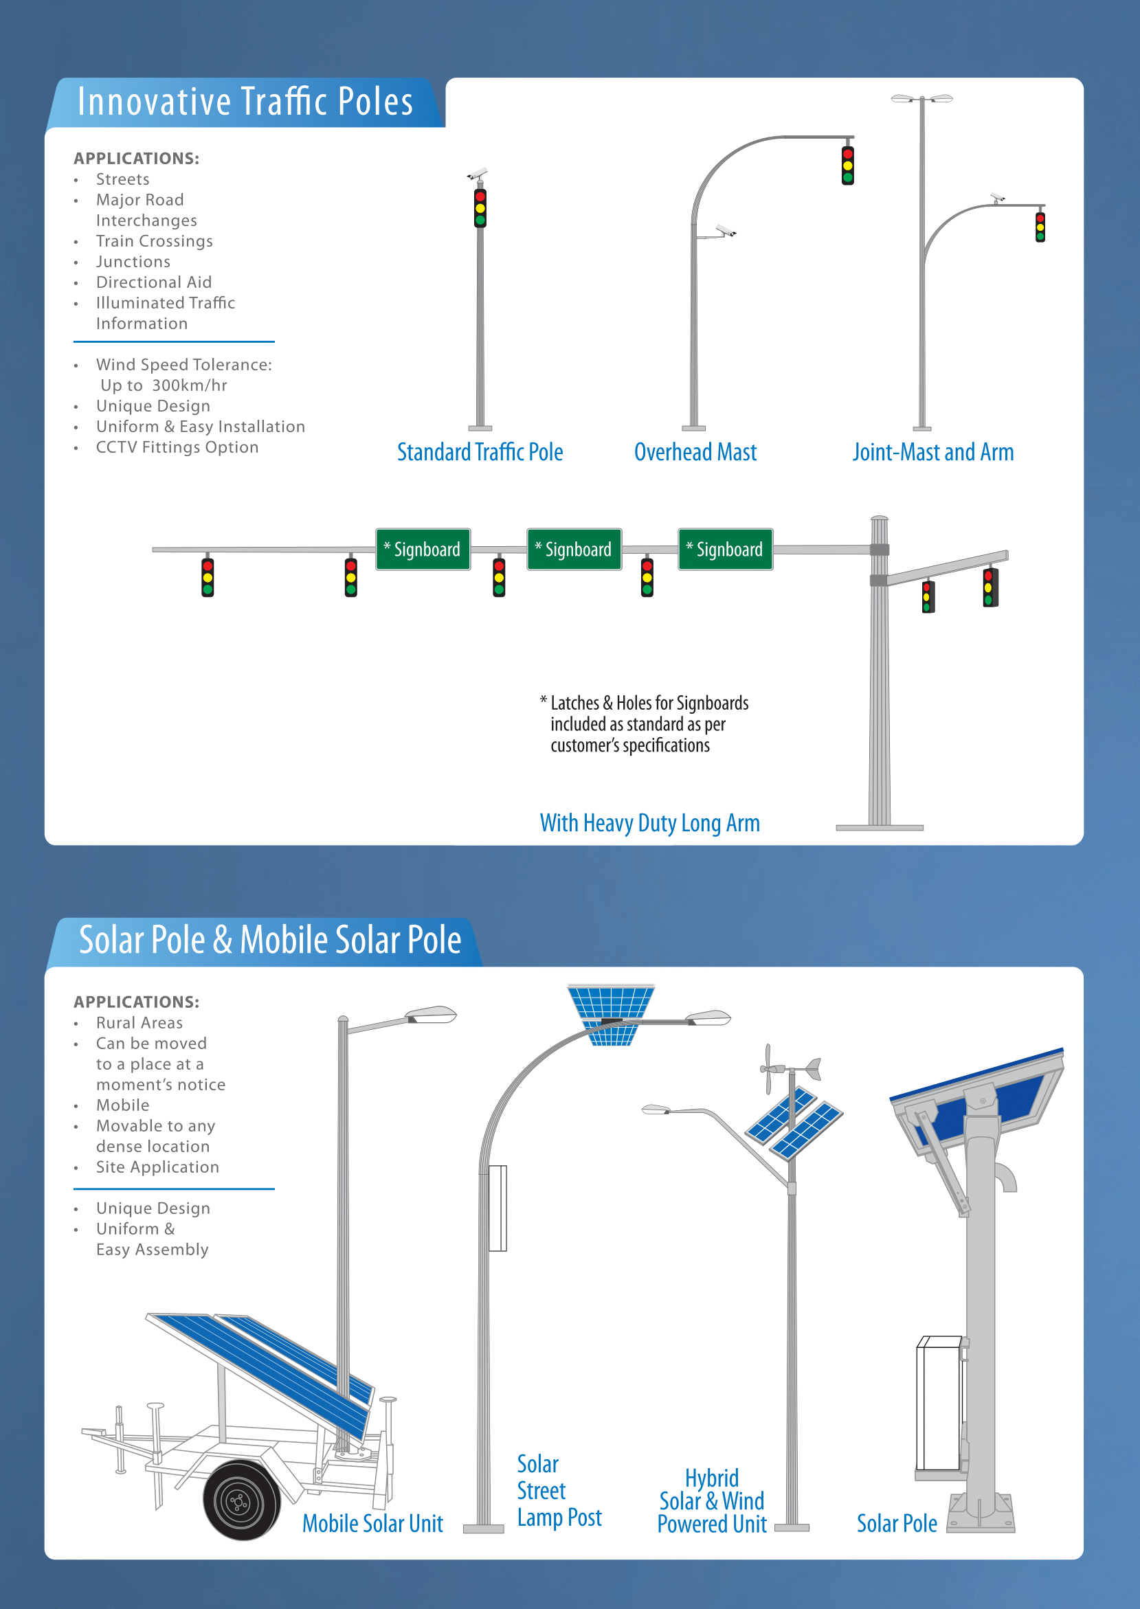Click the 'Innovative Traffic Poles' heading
click(245, 102)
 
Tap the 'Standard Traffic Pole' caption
click(480, 452)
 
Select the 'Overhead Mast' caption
click(695, 452)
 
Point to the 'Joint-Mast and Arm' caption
click(933, 452)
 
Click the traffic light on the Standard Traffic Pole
click(480, 207)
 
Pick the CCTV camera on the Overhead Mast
click(725, 230)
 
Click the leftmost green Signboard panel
click(423, 550)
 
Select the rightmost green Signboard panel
click(726, 550)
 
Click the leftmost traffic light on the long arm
click(208, 577)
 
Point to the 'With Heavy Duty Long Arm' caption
click(650, 823)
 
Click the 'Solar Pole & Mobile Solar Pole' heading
click(270, 941)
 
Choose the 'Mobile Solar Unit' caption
click(372, 1523)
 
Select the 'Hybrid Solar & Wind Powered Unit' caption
click(713, 1502)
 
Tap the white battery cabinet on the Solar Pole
click(939, 1404)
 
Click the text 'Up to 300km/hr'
click(164, 386)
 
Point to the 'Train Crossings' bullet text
click(155, 241)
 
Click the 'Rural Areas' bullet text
click(139, 1023)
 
